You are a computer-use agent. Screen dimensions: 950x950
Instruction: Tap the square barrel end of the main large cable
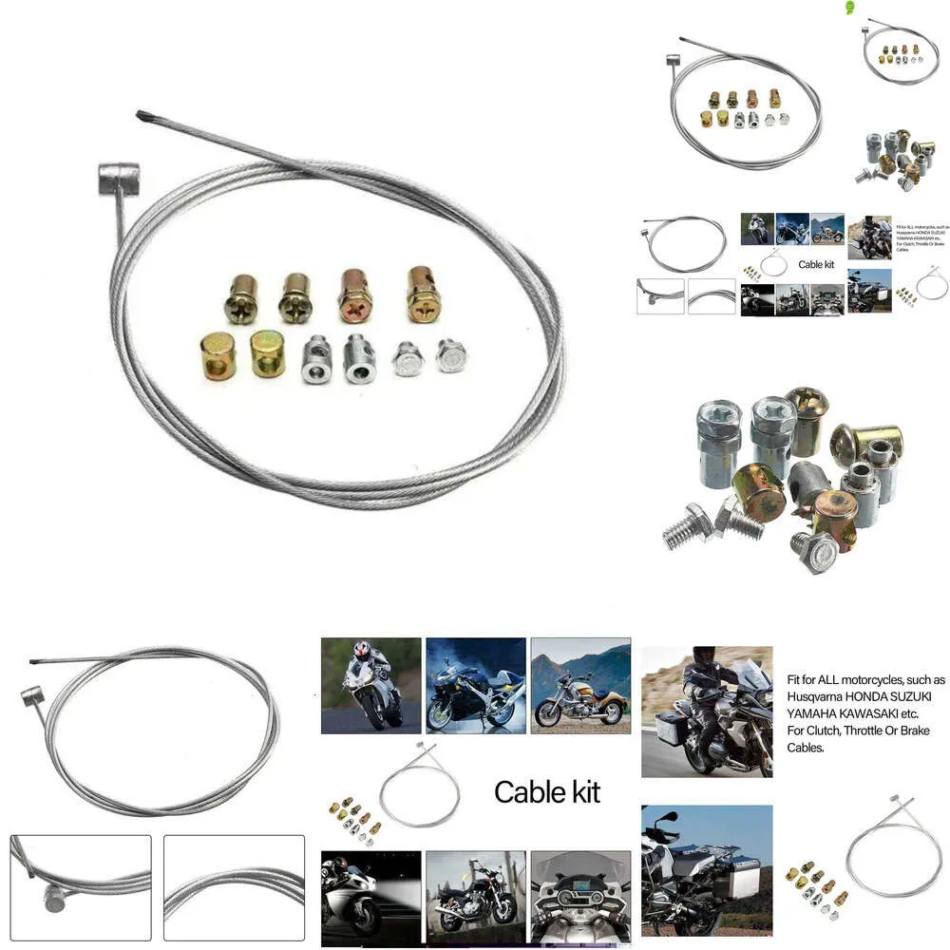click(x=119, y=179)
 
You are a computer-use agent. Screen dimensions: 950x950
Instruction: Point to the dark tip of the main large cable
click(x=142, y=118)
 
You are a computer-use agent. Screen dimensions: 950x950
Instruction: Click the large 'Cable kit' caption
click(x=547, y=791)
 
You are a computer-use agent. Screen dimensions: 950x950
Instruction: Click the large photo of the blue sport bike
click(x=475, y=685)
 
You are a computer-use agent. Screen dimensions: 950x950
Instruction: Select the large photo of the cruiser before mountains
click(x=580, y=685)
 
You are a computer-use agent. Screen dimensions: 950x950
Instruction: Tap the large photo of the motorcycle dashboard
click(x=580, y=898)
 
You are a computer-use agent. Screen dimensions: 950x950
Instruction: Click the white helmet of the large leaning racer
click(x=361, y=651)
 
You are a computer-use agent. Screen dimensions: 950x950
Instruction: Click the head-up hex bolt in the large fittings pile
click(x=813, y=550)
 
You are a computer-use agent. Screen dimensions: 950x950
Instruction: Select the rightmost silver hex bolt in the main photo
click(x=451, y=354)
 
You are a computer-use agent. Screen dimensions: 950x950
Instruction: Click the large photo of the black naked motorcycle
click(x=475, y=898)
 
